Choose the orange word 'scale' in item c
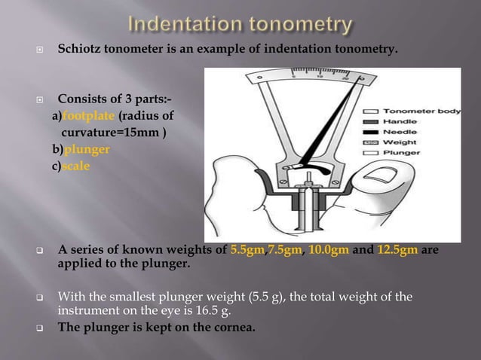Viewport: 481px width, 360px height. (76, 166)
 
